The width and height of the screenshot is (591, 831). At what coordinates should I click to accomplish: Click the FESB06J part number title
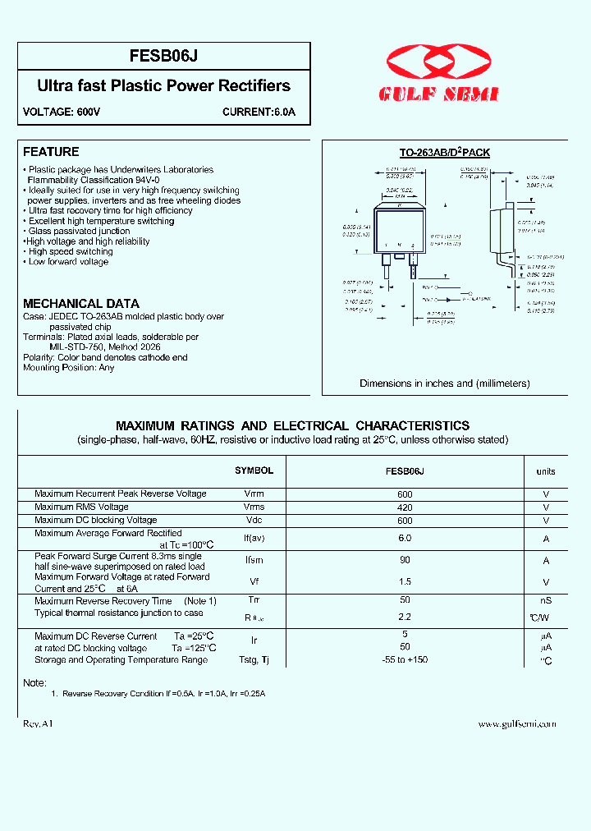[x=163, y=56]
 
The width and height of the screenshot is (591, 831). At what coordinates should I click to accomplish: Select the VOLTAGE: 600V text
[x=62, y=112]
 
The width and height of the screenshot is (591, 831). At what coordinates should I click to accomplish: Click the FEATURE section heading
[x=51, y=152]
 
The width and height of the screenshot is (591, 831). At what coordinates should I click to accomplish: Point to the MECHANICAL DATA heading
[x=81, y=303]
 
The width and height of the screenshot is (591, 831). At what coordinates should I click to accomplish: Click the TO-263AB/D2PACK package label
[x=444, y=153]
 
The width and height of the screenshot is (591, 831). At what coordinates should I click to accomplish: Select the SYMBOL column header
[x=254, y=471]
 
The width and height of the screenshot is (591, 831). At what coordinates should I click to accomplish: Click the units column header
[x=546, y=471]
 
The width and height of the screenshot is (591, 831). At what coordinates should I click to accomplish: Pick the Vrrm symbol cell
[x=254, y=494]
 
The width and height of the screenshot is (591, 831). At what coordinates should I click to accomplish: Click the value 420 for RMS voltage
[x=405, y=507]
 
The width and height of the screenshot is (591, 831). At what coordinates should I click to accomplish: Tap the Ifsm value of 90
[x=405, y=560]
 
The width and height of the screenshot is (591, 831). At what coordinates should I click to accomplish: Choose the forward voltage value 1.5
[x=405, y=581]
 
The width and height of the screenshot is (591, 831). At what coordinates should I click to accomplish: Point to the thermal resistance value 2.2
[x=405, y=616]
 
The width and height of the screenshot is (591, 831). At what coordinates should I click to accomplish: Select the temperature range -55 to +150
[x=405, y=659]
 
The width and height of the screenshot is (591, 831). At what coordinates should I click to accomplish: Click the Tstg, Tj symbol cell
[x=254, y=659]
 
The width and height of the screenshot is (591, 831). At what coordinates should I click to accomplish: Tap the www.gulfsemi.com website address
[x=517, y=723]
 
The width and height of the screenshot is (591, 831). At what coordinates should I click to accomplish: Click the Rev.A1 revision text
[x=39, y=723]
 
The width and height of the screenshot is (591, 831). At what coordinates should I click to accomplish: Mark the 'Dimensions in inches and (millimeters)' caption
[x=444, y=383]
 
